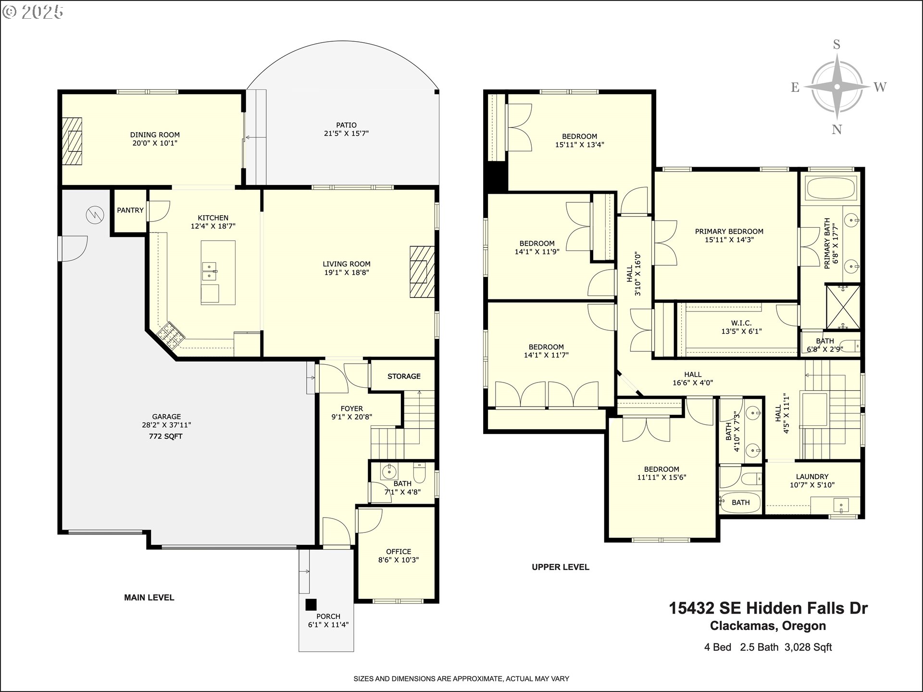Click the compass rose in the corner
coord(837,86)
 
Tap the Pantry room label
coord(130,210)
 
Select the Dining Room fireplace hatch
coord(72,141)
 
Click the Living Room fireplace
coord(422,272)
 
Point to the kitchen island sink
coord(210,271)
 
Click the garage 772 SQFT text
coord(166,436)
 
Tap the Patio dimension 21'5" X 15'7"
coord(346,134)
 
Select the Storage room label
coord(404,376)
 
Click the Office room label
coord(399,552)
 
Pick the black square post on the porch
coord(311,605)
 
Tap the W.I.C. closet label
coord(741,323)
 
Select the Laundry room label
coord(812,477)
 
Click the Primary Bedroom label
coord(729,232)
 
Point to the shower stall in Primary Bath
coord(843,308)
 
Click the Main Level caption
coord(149,598)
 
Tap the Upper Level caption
coord(561,567)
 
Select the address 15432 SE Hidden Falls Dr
coord(768,608)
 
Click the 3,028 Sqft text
coord(808,647)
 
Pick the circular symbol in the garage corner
coord(95,215)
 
